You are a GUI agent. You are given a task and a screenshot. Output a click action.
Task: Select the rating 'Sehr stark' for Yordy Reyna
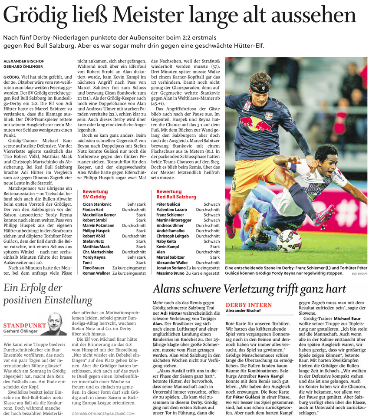(x=136, y=257)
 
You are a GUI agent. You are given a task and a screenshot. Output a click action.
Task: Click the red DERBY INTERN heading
(x=249, y=305)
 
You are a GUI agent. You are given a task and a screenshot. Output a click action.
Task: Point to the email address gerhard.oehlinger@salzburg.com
(x=103, y=414)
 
